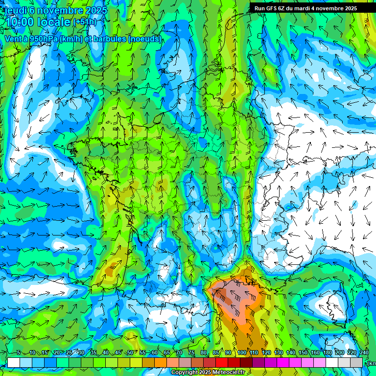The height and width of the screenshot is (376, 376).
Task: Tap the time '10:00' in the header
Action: click(21, 22)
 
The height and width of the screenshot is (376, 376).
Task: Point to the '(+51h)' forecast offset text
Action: click(85, 22)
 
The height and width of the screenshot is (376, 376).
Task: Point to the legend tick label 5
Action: click(19, 353)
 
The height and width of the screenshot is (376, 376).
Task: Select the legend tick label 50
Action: click(130, 353)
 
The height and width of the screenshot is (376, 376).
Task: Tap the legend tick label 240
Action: click(364, 353)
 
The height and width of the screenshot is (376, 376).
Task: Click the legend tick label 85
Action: click(216, 353)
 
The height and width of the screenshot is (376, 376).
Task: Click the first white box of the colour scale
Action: click(14, 362)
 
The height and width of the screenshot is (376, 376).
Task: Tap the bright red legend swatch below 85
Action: click(222, 362)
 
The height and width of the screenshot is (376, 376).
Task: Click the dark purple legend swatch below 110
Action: click(258, 362)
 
